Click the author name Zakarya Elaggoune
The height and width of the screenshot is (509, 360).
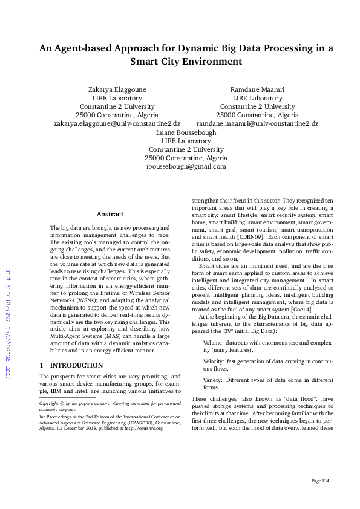point(117,89)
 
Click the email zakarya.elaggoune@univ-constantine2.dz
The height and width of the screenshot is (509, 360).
point(117,123)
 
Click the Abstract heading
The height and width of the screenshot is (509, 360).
point(110,214)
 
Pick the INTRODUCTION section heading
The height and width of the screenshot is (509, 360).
point(76,365)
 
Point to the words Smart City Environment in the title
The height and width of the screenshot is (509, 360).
point(186,62)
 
